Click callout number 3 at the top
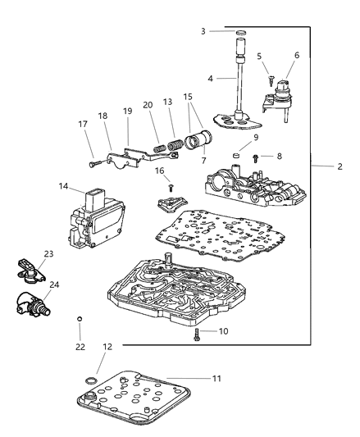(x=203, y=31)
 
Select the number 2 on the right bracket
(x=339, y=166)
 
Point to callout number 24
(x=55, y=285)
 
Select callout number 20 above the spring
(x=148, y=104)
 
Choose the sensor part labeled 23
(x=26, y=268)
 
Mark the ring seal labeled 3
(x=241, y=32)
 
